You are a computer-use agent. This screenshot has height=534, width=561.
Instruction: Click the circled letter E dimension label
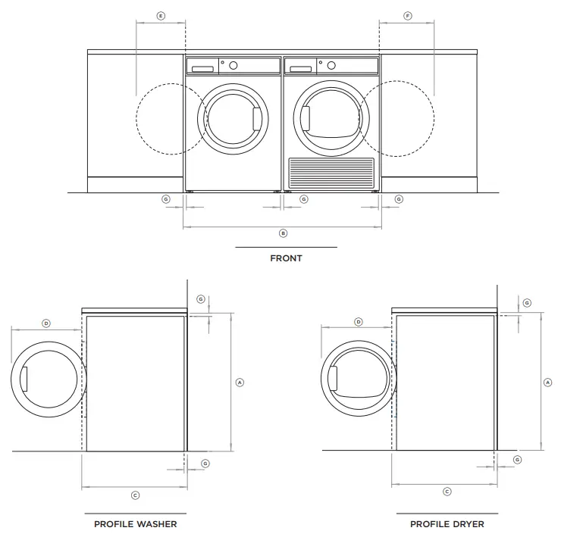[x=160, y=15]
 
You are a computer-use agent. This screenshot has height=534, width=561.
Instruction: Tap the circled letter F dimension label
[x=408, y=15]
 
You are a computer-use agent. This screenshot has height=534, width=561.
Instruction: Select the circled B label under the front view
[x=283, y=233]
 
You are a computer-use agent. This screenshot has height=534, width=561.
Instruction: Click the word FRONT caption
[x=286, y=258]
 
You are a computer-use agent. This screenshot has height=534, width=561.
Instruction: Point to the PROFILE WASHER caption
[x=135, y=523]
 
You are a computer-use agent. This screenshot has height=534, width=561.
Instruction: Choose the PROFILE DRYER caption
[x=447, y=523]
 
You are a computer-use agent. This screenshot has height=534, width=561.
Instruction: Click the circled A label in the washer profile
[x=240, y=383]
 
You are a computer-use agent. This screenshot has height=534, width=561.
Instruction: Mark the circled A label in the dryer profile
[x=548, y=383]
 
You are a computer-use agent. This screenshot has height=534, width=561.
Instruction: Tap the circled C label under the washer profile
[x=135, y=495]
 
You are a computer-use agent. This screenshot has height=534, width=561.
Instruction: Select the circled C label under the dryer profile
[x=447, y=492]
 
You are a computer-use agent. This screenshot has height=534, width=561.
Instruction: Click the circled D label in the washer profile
[x=45, y=323]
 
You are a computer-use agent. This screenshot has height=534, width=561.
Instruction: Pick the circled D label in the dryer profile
[x=359, y=322]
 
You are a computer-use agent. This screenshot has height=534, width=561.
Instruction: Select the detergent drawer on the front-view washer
[x=202, y=69]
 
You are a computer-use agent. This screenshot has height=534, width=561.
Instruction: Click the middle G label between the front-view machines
[x=304, y=199]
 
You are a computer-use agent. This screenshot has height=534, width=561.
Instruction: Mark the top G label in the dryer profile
[x=527, y=303]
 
